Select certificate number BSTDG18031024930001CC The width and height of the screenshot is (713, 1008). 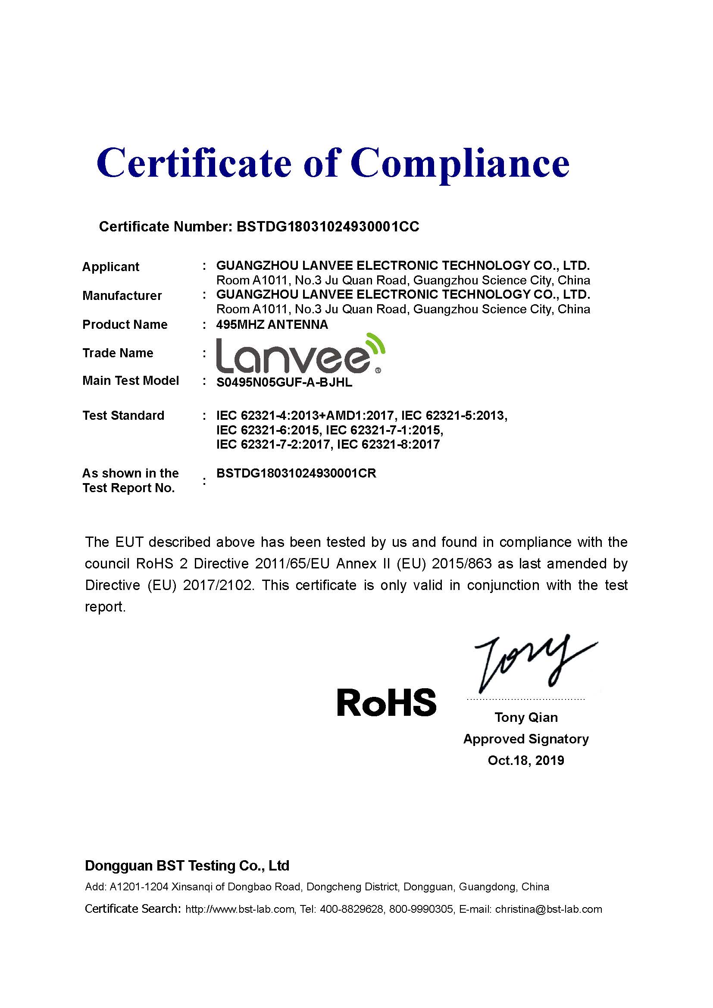328,227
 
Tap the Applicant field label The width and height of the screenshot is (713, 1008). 111,267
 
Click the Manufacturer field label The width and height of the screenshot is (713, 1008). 122,296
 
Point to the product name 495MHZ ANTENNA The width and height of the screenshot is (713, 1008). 272,325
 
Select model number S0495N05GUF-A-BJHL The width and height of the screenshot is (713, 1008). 284,382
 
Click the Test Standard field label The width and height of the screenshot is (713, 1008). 123,415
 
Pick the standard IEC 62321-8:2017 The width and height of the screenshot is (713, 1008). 388,445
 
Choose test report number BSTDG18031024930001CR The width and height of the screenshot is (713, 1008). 296,473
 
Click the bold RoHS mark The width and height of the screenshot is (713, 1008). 386,702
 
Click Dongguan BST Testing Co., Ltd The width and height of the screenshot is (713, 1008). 187,865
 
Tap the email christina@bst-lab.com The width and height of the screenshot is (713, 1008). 548,909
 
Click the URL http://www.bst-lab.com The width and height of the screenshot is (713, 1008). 240,909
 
